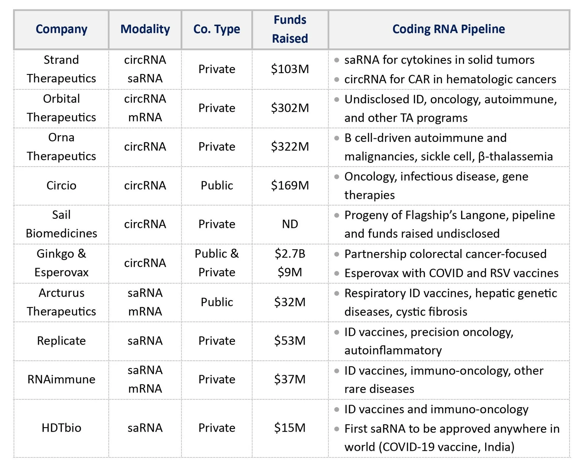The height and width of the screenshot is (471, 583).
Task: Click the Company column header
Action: point(61,29)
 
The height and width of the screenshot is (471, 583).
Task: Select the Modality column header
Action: point(145,29)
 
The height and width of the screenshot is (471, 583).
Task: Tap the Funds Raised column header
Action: point(290,29)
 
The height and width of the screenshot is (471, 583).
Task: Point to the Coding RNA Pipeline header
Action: point(448,29)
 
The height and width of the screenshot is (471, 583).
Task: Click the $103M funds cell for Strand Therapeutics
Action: point(290,69)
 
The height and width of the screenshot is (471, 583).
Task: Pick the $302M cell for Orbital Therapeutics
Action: point(290,108)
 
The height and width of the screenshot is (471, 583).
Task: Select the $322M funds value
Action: point(290,147)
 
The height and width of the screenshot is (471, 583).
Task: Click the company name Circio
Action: point(61,186)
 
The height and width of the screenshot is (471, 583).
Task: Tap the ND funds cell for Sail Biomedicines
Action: point(290,224)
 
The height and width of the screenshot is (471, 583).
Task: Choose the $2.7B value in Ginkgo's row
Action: point(290,254)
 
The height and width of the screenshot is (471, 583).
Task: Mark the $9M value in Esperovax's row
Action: point(290,272)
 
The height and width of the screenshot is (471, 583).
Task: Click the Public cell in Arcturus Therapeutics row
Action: point(217,302)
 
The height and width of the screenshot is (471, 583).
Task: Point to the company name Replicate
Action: point(61,341)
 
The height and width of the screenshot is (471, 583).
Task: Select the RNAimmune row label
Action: point(61,380)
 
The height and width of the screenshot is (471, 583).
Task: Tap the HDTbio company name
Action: point(61,428)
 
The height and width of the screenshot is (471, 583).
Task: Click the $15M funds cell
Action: point(290,428)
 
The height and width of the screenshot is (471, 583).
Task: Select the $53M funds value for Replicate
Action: point(290,341)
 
